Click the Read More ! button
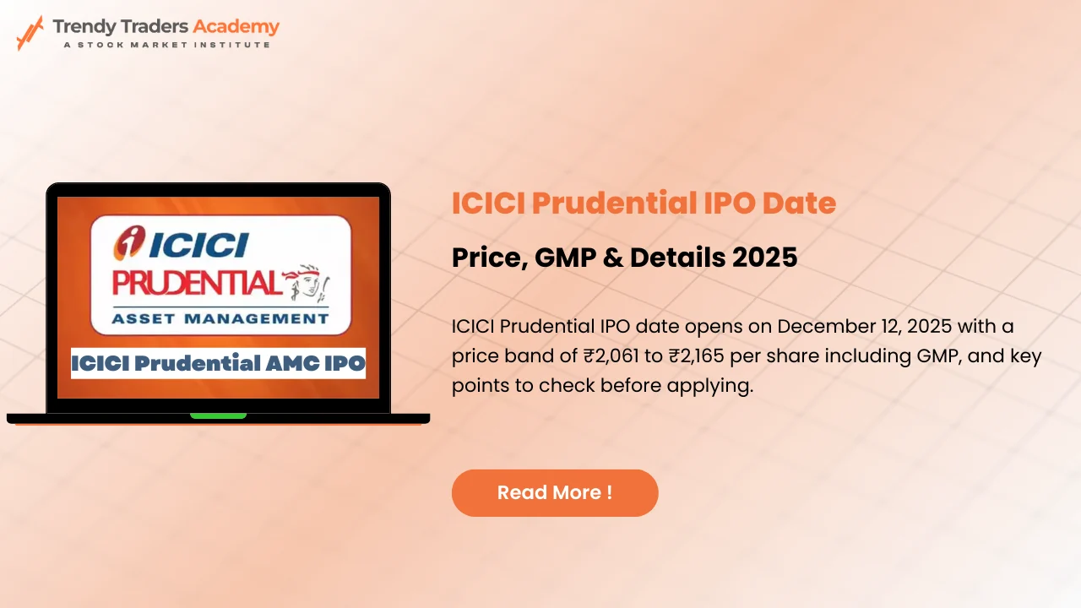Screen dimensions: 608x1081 [x=555, y=493]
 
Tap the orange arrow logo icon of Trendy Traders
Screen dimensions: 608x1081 [x=30, y=32]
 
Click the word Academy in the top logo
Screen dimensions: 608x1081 [x=236, y=26]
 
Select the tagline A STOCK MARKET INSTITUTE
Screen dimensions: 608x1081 [x=166, y=45]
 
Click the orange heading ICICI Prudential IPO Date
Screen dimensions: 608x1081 [x=644, y=204]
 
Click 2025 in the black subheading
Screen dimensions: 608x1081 [x=765, y=257]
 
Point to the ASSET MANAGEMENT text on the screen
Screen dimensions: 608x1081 [x=220, y=318]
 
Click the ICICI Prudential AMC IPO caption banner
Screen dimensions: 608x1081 [x=218, y=363]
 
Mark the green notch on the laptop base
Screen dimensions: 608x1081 [x=218, y=415]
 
